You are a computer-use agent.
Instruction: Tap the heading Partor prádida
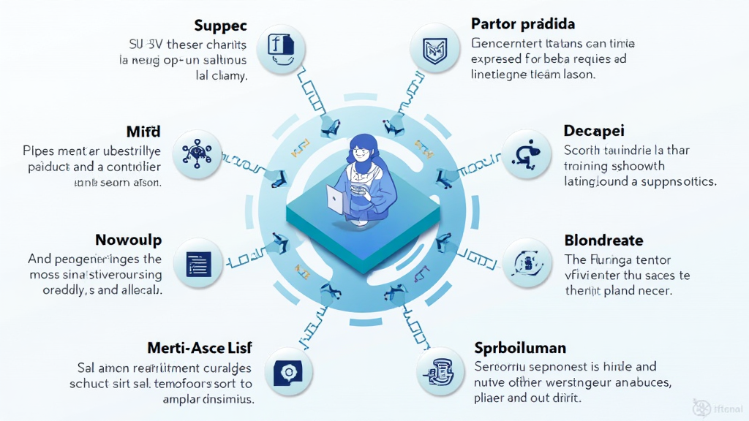tap(523, 24)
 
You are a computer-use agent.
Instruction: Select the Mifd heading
tap(143, 132)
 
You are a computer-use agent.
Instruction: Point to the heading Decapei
tap(594, 131)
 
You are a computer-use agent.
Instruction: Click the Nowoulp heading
tap(129, 240)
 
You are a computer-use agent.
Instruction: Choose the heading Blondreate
tap(604, 240)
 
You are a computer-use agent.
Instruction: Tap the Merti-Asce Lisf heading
tap(200, 348)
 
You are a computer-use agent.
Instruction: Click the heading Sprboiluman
tap(520, 348)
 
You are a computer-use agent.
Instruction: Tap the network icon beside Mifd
tap(197, 153)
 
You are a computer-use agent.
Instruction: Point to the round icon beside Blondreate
tap(527, 262)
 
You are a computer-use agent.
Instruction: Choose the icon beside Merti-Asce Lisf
tap(285, 372)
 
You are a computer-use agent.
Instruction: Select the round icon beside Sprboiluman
tap(440, 372)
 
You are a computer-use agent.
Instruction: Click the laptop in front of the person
tap(336, 200)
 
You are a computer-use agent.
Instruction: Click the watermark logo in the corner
tap(701, 408)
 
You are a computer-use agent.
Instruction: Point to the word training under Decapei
tap(587, 165)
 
